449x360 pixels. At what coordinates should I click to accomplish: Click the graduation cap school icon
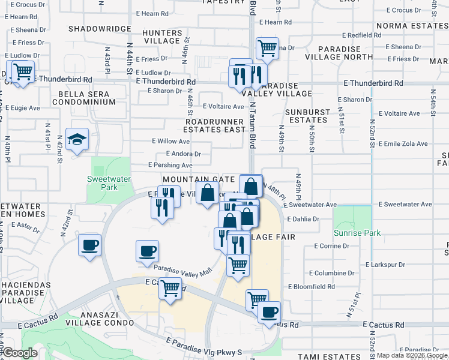coord(77,141)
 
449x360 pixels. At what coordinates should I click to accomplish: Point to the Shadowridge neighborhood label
coord(99,29)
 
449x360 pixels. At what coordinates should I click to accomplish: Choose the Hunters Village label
coord(163,37)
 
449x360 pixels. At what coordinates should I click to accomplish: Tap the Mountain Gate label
coord(198,179)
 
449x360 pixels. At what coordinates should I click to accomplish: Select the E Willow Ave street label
coord(170,142)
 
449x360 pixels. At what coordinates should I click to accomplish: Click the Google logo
coord(19,353)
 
